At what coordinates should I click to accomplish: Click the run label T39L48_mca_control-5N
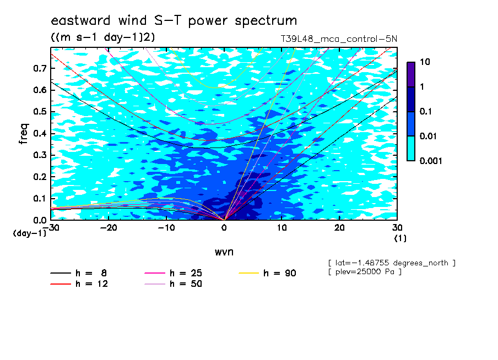[339, 39]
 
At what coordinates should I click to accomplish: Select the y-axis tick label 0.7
[40, 68]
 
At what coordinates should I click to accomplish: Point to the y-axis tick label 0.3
[40, 155]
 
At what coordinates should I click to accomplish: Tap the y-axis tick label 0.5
[40, 112]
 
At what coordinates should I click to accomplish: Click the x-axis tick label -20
[109, 228]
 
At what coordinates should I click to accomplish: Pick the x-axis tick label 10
[282, 228]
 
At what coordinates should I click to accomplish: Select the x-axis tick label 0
[224, 228]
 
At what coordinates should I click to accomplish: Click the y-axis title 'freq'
[24, 134]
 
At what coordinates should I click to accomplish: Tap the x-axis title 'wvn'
[224, 252]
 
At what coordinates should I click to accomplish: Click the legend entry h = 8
[78, 273]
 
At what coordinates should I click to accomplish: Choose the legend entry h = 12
[79, 284]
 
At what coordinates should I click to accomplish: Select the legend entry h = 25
[173, 273]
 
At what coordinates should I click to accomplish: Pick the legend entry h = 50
[173, 284]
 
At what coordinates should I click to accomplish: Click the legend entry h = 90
[267, 273]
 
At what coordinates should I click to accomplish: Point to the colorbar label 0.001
[431, 161]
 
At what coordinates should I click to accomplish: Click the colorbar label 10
[425, 62]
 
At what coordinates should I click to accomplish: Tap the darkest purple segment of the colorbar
[411, 74]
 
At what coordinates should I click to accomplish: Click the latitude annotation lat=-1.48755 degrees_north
[392, 263]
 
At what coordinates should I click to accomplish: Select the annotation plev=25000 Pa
[365, 272]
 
